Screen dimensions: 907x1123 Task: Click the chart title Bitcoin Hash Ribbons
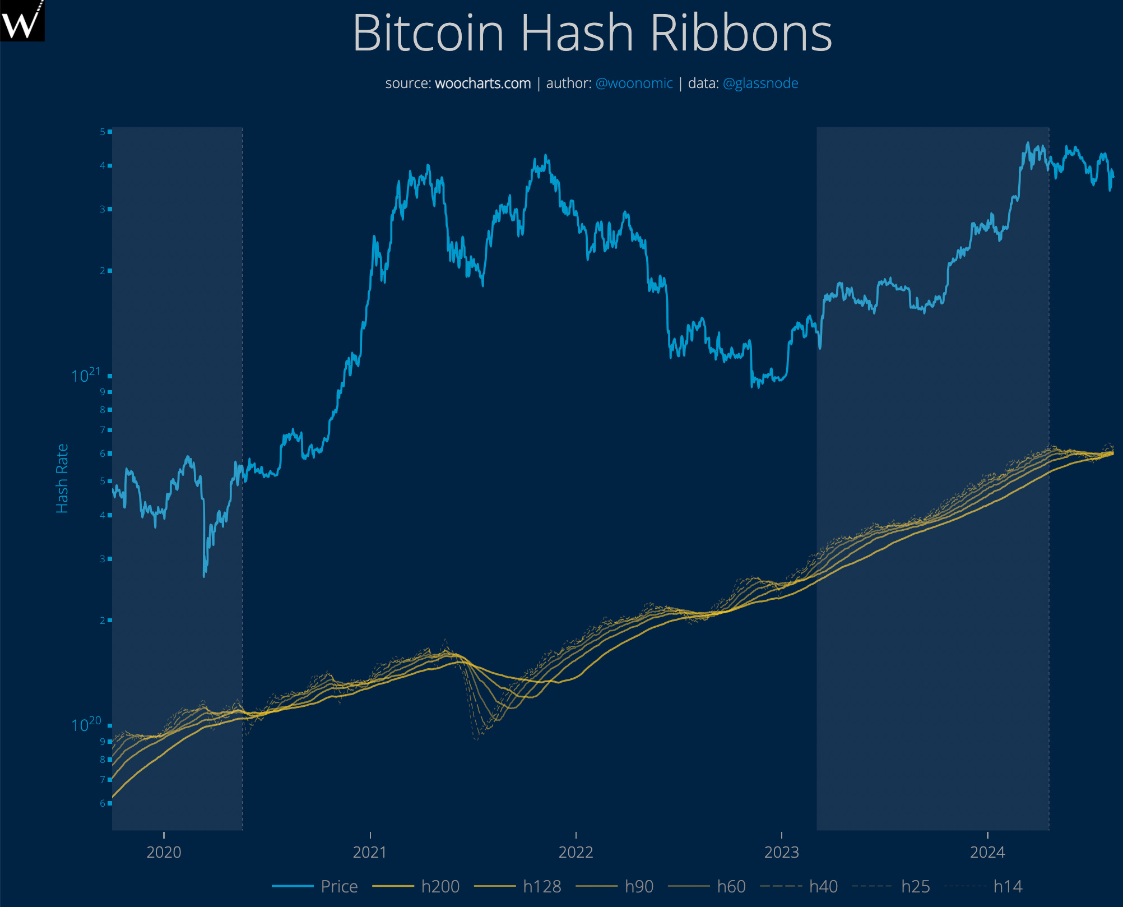[x=592, y=34]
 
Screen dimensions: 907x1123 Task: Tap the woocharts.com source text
[x=482, y=84]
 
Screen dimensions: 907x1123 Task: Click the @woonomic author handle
[x=634, y=84]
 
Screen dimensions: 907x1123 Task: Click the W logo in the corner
[x=21, y=21]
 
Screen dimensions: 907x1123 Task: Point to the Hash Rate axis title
[x=62, y=478]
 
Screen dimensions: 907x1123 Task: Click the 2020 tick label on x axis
[x=164, y=852]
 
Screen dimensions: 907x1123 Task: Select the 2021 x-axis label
[x=369, y=852]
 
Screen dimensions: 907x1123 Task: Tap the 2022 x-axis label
[x=576, y=852]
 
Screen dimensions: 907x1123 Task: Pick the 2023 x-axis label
[x=781, y=852]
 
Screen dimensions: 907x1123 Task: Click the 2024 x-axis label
[x=987, y=852]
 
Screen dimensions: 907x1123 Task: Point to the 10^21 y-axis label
[x=86, y=376]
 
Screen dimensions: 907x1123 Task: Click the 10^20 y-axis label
[x=86, y=725]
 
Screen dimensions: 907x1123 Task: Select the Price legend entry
[x=338, y=886]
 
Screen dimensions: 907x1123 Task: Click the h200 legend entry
[x=440, y=886]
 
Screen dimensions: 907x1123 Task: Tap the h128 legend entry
[x=541, y=886]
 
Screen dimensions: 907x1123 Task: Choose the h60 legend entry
[x=731, y=886]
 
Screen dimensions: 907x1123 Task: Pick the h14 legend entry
[x=1007, y=886]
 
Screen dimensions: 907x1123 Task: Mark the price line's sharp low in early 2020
[x=205, y=575]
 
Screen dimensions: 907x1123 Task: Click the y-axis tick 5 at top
[x=103, y=132]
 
